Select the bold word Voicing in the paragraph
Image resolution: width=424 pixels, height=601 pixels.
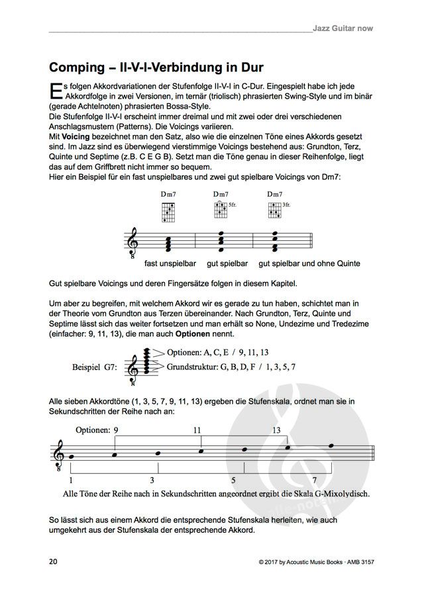click(76, 134)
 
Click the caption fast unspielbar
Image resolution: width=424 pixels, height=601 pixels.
click(169, 263)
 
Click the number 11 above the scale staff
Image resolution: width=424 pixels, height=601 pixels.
click(197, 430)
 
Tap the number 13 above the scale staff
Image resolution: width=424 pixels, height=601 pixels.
click(277, 430)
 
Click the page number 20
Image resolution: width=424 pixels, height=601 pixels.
click(54, 561)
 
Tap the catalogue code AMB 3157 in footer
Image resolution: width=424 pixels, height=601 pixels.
click(356, 562)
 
